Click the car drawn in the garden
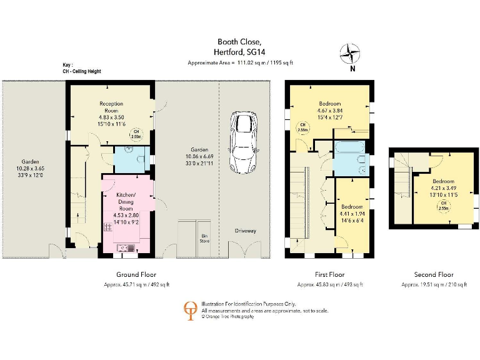point(242,142)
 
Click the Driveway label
point(246,231)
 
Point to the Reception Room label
point(111,107)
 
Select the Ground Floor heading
point(136,274)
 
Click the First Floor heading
point(329,274)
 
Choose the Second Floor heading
point(434,274)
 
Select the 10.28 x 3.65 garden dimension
point(31,168)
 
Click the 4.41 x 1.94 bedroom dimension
point(352,214)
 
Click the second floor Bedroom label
point(444,180)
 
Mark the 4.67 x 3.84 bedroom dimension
point(330,111)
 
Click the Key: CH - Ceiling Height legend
point(81,68)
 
